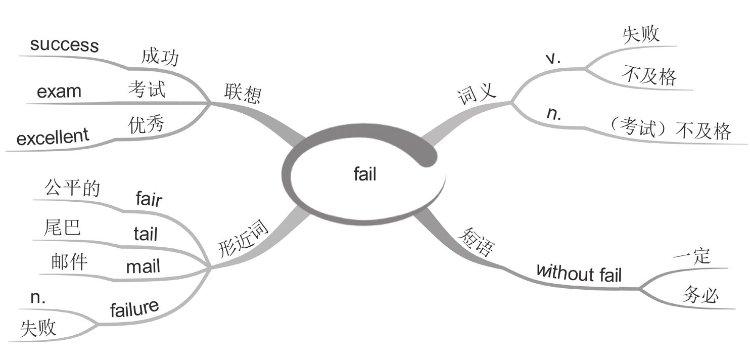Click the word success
[64, 45]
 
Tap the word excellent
[53, 137]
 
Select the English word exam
[59, 92]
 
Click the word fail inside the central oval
[365, 175]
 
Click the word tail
[146, 234]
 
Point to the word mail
[143, 267]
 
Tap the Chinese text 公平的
[72, 189]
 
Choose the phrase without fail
[579, 273]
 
